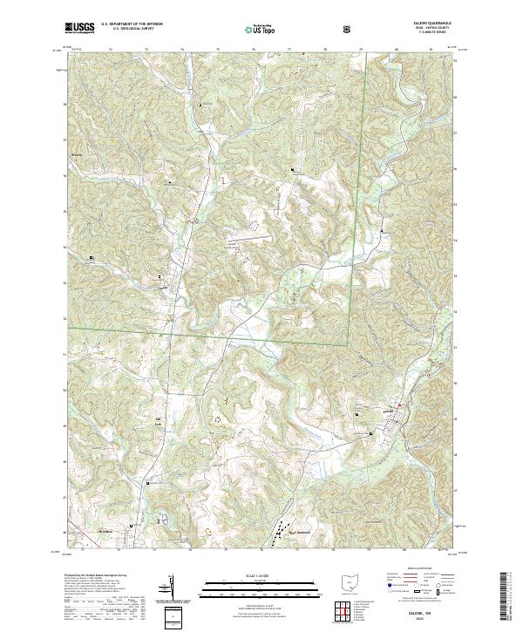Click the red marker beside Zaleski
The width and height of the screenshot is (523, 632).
400,406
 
